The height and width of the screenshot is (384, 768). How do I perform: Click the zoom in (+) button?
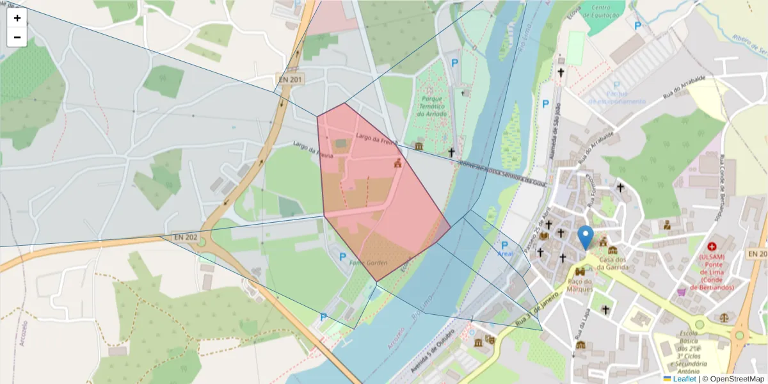click(x=17, y=18)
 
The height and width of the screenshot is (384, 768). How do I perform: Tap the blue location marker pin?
click(x=585, y=237)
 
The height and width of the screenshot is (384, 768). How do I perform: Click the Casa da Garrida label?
click(x=613, y=262)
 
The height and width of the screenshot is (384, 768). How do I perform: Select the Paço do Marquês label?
click(x=580, y=284)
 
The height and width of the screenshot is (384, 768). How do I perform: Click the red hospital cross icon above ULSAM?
click(x=712, y=246)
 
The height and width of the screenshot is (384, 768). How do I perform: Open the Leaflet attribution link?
click(x=684, y=379)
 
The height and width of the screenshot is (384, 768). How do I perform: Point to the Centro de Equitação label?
click(x=604, y=11)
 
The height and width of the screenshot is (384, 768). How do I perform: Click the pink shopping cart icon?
click(x=681, y=292)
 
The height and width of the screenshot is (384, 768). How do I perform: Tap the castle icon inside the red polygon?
click(x=397, y=163)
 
